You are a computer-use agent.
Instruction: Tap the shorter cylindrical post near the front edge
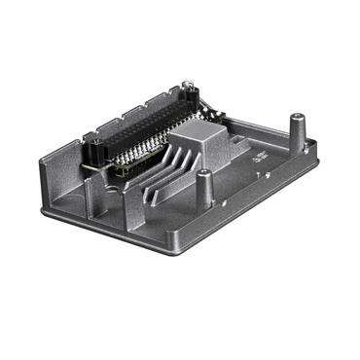point(203,179)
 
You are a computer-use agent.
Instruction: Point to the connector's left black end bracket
point(96,152)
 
